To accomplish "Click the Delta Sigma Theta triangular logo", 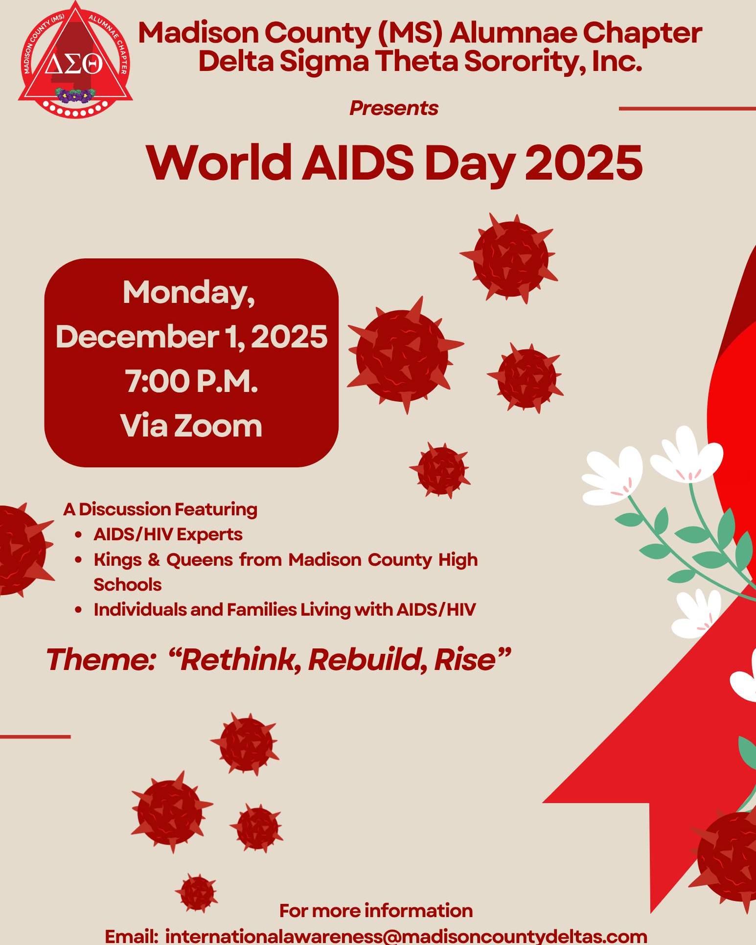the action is coord(74,59).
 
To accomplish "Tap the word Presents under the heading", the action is coord(393,108).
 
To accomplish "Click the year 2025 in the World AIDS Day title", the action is coord(583,163).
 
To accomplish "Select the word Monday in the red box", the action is coord(189,293).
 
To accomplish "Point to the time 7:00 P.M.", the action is coord(191,381).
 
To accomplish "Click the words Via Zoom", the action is coord(191,425).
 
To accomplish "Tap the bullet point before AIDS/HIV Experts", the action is coord(78,535).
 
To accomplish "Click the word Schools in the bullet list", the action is coord(127,585).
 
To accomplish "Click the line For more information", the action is coord(376,911).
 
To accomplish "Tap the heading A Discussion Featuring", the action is coord(160,509).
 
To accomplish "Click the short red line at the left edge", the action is coord(35,737).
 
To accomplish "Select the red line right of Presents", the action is coord(687,109).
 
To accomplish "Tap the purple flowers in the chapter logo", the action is coord(74,95).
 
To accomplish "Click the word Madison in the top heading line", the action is coord(198,33).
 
